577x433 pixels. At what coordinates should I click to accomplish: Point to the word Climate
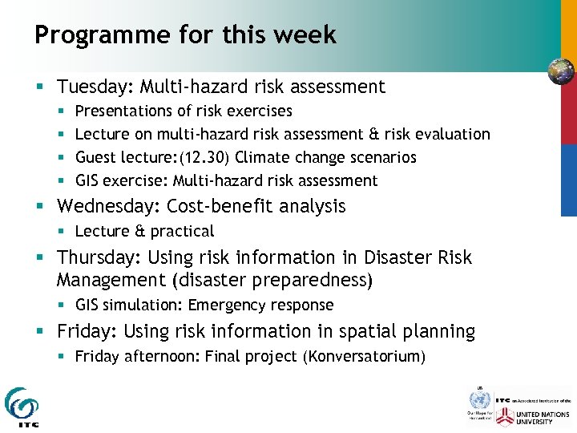pos(263,157)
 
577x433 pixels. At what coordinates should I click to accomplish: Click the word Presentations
pos(123,111)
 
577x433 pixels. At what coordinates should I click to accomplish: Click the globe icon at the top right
pos(561,71)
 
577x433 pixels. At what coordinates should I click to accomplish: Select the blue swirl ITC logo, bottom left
pos(22,405)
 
